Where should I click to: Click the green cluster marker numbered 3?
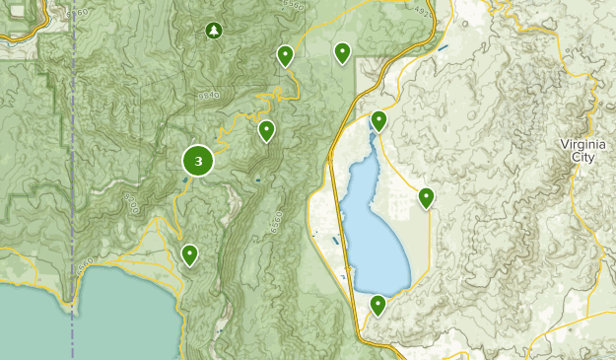199,161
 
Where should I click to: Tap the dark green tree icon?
214,32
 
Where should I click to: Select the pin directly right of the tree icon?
285,55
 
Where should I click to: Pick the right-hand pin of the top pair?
342,52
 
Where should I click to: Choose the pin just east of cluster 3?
266,130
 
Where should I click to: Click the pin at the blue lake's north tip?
378,121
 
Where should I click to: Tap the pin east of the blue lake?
426,197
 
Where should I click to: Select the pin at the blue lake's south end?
377,305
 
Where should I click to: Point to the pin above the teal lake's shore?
189,254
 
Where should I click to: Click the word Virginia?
583,144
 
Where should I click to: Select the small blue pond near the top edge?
443,47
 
